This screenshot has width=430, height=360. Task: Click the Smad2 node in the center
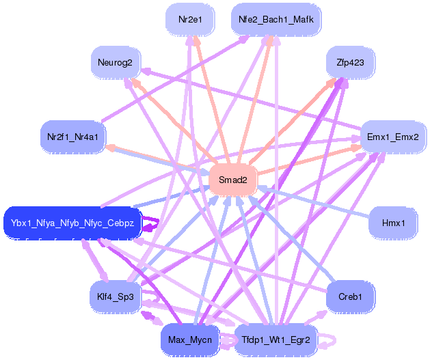click(233, 180)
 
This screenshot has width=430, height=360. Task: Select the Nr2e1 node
click(190, 19)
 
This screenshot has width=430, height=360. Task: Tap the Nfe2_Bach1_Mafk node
click(276, 19)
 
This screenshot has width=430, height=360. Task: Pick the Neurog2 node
click(115, 62)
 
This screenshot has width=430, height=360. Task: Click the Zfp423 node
click(350, 62)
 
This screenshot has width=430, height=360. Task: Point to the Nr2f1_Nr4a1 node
click(72, 137)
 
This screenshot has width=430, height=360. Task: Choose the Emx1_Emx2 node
click(393, 137)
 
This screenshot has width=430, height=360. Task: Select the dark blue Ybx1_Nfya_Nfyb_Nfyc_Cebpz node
click(72, 223)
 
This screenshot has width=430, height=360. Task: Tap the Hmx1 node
click(393, 223)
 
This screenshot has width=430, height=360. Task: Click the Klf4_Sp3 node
click(115, 296)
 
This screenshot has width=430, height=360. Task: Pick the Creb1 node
click(350, 296)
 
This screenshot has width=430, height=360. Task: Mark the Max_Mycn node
click(190, 340)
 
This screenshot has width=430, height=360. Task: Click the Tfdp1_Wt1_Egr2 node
click(276, 340)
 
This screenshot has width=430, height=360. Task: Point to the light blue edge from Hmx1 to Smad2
click(313, 202)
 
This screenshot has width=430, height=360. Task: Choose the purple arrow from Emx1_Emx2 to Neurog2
click(251, 98)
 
